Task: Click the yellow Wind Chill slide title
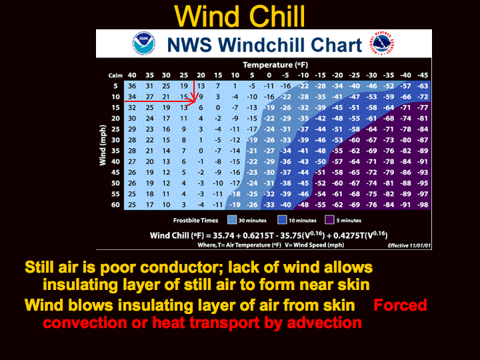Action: [x=240, y=16]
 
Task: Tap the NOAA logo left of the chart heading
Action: [x=143, y=43]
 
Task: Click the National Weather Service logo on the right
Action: [x=382, y=43]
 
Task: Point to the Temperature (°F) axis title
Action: [x=275, y=65]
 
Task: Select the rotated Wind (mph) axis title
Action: [x=103, y=145]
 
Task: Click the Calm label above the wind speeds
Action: [x=115, y=75]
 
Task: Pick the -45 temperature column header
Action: [x=423, y=75]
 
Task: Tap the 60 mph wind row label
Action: [x=115, y=205]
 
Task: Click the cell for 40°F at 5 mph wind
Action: [x=132, y=86]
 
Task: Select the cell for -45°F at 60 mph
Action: [x=423, y=205]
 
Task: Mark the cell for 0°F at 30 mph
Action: [x=269, y=140]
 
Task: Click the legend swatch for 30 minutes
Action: [x=232, y=220]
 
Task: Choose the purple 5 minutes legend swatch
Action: [x=329, y=220]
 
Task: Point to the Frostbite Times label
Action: [x=195, y=221]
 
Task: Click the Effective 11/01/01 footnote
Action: [x=409, y=245]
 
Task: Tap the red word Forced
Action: [x=400, y=305]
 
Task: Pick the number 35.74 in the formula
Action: [x=223, y=236]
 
